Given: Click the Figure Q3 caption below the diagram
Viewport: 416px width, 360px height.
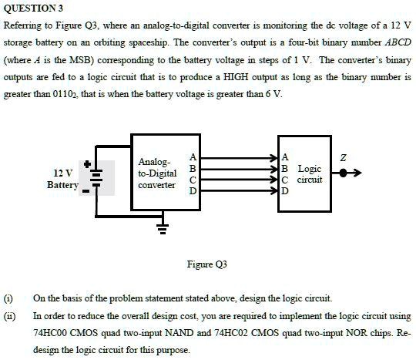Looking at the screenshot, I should pyautogui.click(x=206, y=264).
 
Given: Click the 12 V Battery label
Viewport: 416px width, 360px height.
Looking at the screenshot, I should pyautogui.click(x=62, y=179).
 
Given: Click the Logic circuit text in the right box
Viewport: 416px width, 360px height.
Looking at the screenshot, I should pyautogui.click(x=310, y=174).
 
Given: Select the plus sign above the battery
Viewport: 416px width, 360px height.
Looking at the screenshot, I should pyautogui.click(x=89, y=163).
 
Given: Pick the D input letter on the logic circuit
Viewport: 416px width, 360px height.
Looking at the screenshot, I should pyautogui.click(x=287, y=191).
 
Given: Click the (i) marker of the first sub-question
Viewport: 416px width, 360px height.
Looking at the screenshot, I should pyautogui.click(x=9, y=298).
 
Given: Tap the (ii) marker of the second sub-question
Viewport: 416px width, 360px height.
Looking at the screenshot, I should pyautogui.click(x=10, y=316).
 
